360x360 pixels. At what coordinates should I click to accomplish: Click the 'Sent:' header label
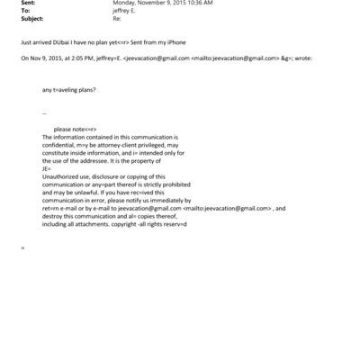coord(26,4)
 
